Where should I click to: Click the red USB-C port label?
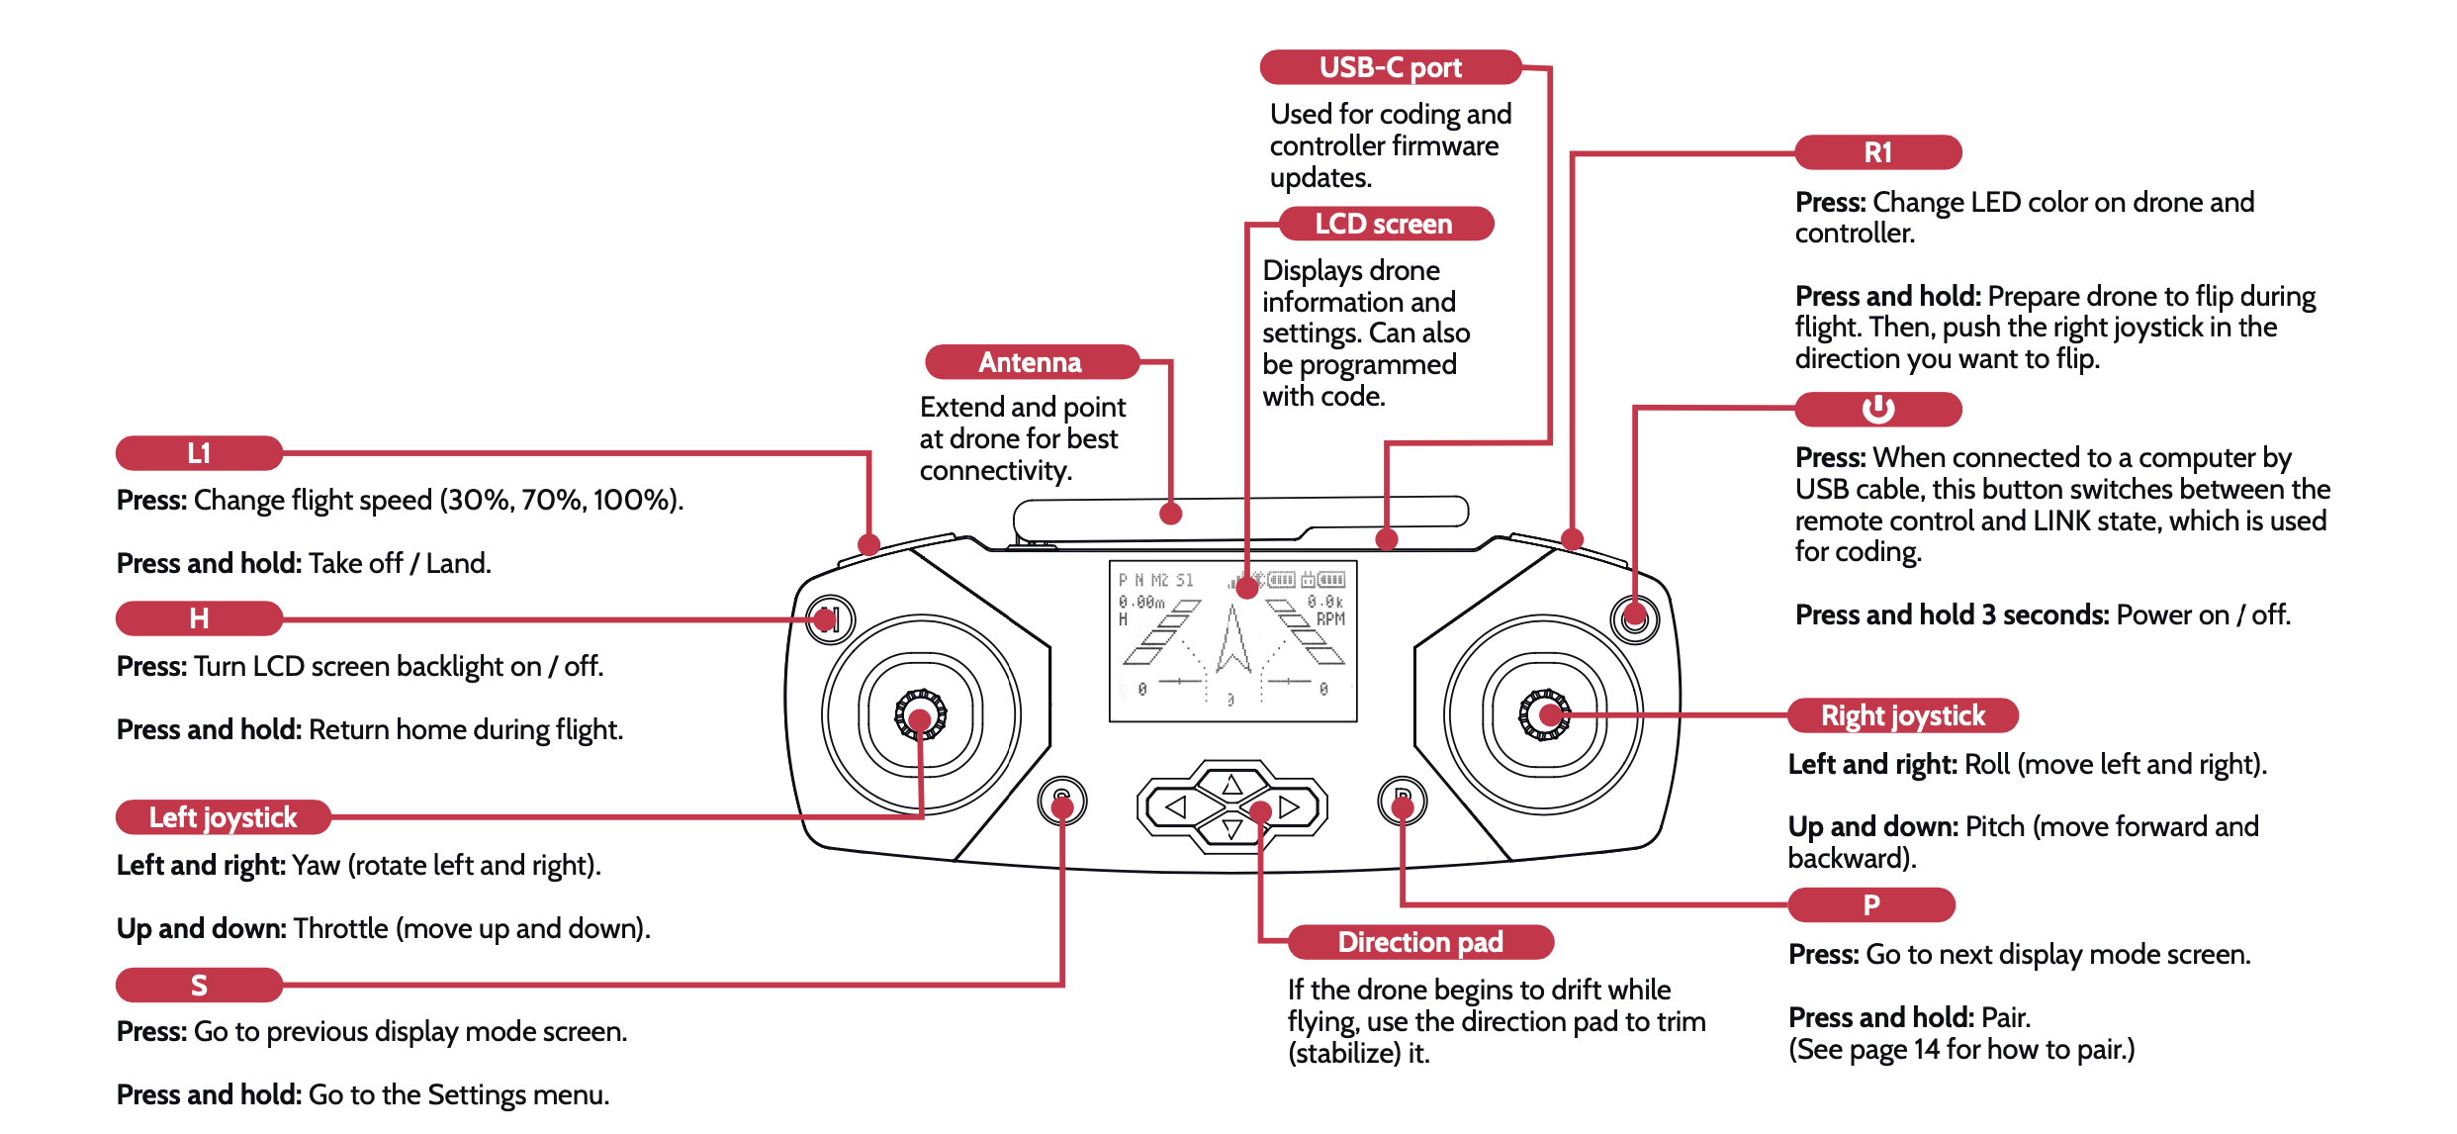pos(1390,67)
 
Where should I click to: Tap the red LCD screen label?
pos(1385,224)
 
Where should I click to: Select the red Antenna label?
pos(1031,362)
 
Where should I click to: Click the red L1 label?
pos(199,453)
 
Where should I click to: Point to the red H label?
pos(199,618)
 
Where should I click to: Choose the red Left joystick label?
pos(223,817)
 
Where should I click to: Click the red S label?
pos(199,986)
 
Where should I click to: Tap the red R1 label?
pos(1877,152)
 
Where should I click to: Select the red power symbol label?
pos(1877,409)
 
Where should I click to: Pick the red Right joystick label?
pos(1902,715)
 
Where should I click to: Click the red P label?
pos(1871,904)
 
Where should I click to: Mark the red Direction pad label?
pos(1420,942)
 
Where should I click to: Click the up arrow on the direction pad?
pos(1231,786)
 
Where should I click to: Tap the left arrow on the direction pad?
pos(1176,807)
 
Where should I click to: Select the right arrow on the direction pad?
pos(1289,807)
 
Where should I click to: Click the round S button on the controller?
pos(1062,799)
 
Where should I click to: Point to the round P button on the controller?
pos(1402,799)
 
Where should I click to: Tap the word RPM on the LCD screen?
pos(1330,619)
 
